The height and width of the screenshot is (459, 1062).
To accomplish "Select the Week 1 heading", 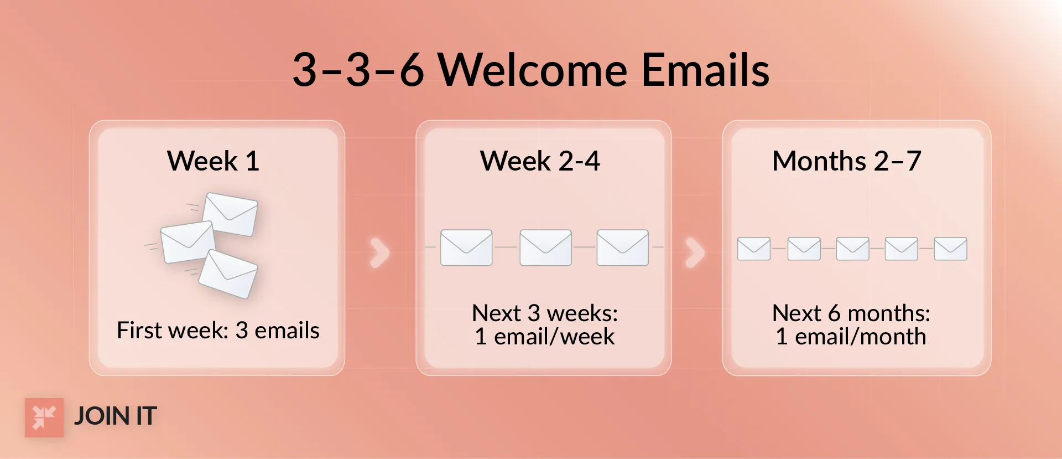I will pyautogui.click(x=213, y=161).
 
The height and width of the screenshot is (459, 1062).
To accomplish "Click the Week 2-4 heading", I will pyautogui.click(x=540, y=161).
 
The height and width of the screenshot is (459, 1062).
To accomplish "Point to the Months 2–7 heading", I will pyautogui.click(x=846, y=161).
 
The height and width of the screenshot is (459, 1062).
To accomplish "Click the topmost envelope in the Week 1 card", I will pyautogui.click(x=230, y=214).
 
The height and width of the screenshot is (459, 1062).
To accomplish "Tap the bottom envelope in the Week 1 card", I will pyautogui.click(x=228, y=274).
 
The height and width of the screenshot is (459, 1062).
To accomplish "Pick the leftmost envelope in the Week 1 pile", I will pyautogui.click(x=188, y=242).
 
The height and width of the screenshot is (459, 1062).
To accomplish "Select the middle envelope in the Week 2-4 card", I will pyautogui.click(x=545, y=247).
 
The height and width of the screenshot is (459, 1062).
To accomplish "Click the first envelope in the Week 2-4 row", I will pyautogui.click(x=466, y=247).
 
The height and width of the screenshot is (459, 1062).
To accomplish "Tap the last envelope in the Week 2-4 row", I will pyautogui.click(x=622, y=247).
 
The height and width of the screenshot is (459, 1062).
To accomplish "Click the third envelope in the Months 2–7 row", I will pyautogui.click(x=852, y=249).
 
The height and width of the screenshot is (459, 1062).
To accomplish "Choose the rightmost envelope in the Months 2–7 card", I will pyautogui.click(x=950, y=249).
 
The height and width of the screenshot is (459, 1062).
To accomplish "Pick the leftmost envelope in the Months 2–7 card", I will pyautogui.click(x=754, y=249).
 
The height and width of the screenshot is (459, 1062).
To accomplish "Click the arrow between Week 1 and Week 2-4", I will pyautogui.click(x=380, y=252).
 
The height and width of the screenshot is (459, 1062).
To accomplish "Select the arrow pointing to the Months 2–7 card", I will pyautogui.click(x=695, y=252).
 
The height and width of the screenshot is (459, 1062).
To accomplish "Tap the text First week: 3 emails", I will pyautogui.click(x=218, y=331).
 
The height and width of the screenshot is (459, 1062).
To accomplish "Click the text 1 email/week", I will pyautogui.click(x=544, y=337).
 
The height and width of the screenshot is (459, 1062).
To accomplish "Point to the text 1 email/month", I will pyautogui.click(x=851, y=337).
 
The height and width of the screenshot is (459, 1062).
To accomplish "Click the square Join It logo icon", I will pyautogui.click(x=44, y=417).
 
